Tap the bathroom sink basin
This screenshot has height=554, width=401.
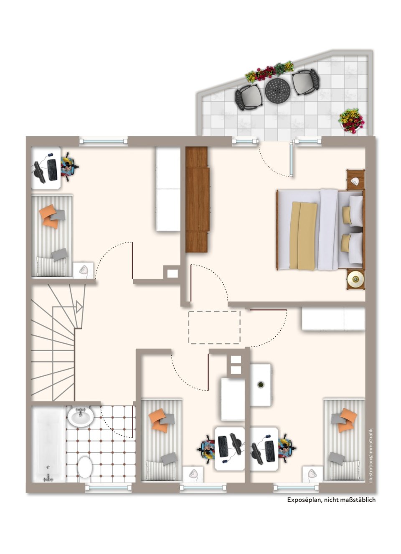click(81, 417)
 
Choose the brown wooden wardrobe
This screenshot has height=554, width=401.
click(197, 199)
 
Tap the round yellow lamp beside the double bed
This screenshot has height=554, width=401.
click(355, 279)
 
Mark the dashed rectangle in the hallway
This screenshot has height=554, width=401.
click(214, 327)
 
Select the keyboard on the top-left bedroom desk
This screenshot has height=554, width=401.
click(52, 169)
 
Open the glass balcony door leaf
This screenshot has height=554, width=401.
click(292, 159)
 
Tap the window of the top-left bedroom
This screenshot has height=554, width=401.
click(103, 141)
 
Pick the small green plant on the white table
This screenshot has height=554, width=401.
click(260, 384)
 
